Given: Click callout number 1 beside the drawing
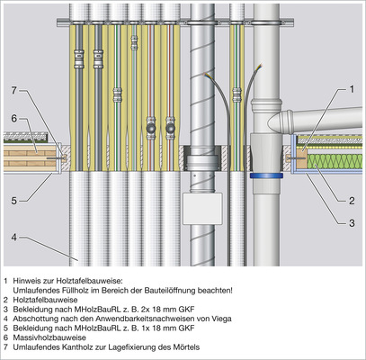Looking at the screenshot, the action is pyautogui.click(x=352, y=89).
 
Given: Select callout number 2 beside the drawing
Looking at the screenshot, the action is pyautogui.click(x=352, y=201).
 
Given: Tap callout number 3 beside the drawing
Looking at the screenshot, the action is pyautogui.click(x=352, y=223).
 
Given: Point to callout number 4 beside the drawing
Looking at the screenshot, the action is pyautogui.click(x=14, y=238).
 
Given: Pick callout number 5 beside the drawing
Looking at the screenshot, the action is pyautogui.click(x=14, y=201).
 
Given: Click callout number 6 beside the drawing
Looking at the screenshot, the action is pyautogui.click(x=14, y=119).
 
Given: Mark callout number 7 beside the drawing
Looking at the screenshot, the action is pyautogui.click(x=14, y=90).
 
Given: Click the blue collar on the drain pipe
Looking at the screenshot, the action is pyautogui.click(x=267, y=175).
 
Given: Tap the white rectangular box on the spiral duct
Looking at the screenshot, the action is pyautogui.click(x=202, y=208).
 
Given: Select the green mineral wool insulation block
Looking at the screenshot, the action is pyautogui.click(x=335, y=162).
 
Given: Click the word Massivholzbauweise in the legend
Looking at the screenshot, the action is pyautogui.click(x=49, y=337).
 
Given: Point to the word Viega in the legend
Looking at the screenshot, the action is pyautogui.click(x=223, y=319).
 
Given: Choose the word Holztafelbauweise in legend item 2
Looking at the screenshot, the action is pyautogui.click(x=45, y=300).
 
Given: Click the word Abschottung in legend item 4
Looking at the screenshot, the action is pyautogui.click(x=31, y=319).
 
